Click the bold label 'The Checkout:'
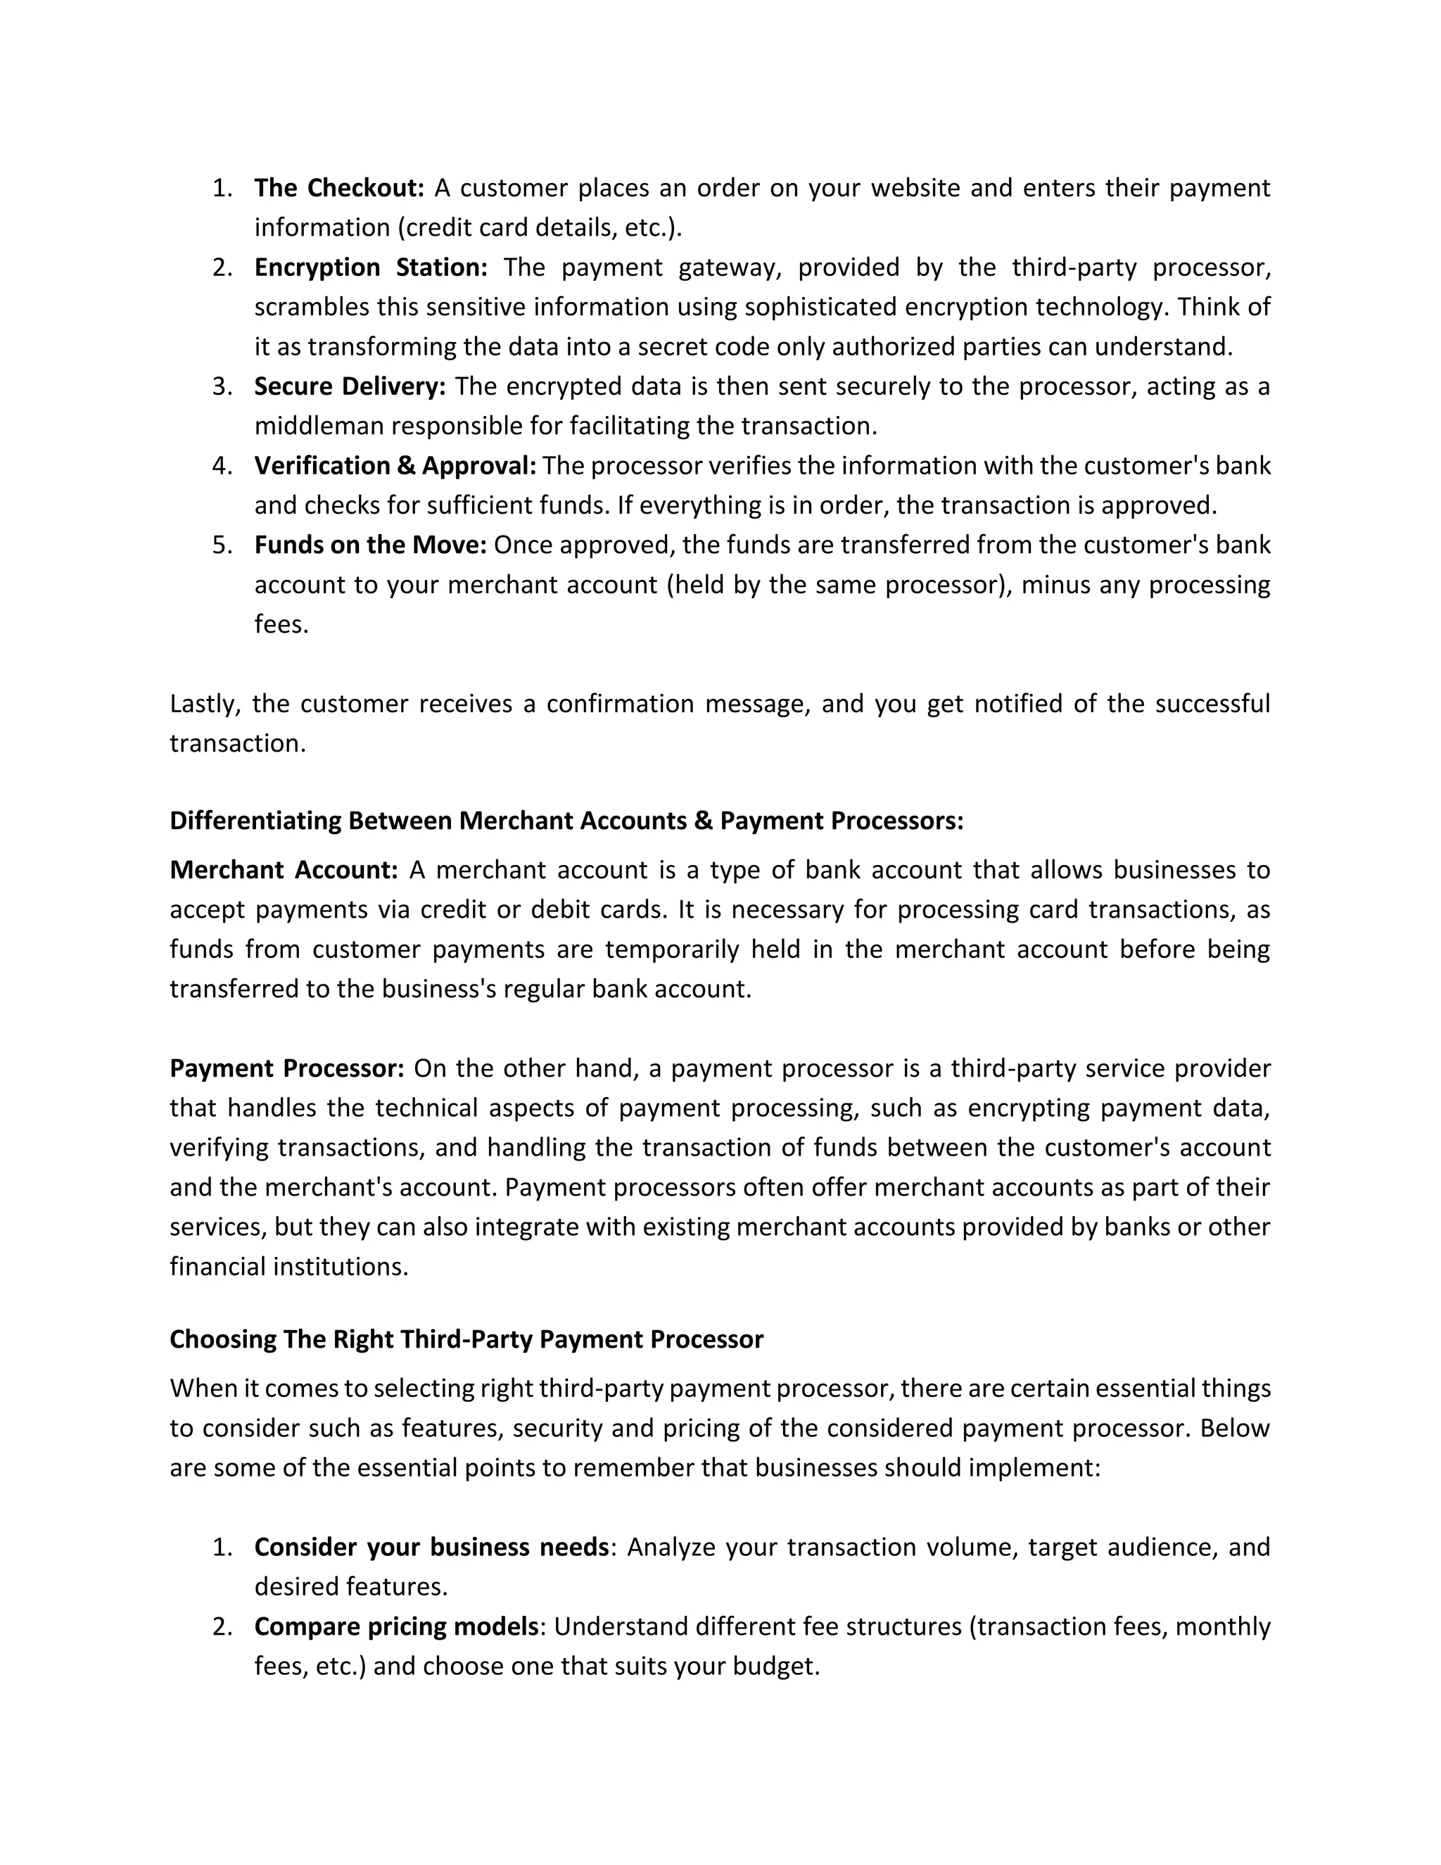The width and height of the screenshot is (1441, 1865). point(339,188)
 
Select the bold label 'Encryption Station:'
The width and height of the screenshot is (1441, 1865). point(371,267)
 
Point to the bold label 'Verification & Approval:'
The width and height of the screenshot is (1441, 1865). point(395,465)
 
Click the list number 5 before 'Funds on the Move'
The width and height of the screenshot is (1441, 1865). point(221,545)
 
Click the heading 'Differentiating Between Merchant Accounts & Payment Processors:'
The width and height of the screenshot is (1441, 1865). point(566,821)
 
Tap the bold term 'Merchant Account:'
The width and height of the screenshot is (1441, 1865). point(284,870)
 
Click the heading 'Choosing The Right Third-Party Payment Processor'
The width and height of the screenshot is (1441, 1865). point(466,1339)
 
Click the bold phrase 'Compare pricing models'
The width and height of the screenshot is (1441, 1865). point(396,1626)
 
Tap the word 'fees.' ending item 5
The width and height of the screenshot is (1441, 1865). point(281,624)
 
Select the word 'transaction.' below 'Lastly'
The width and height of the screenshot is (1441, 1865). point(236,743)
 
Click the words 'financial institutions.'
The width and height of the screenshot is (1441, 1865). point(288,1266)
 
